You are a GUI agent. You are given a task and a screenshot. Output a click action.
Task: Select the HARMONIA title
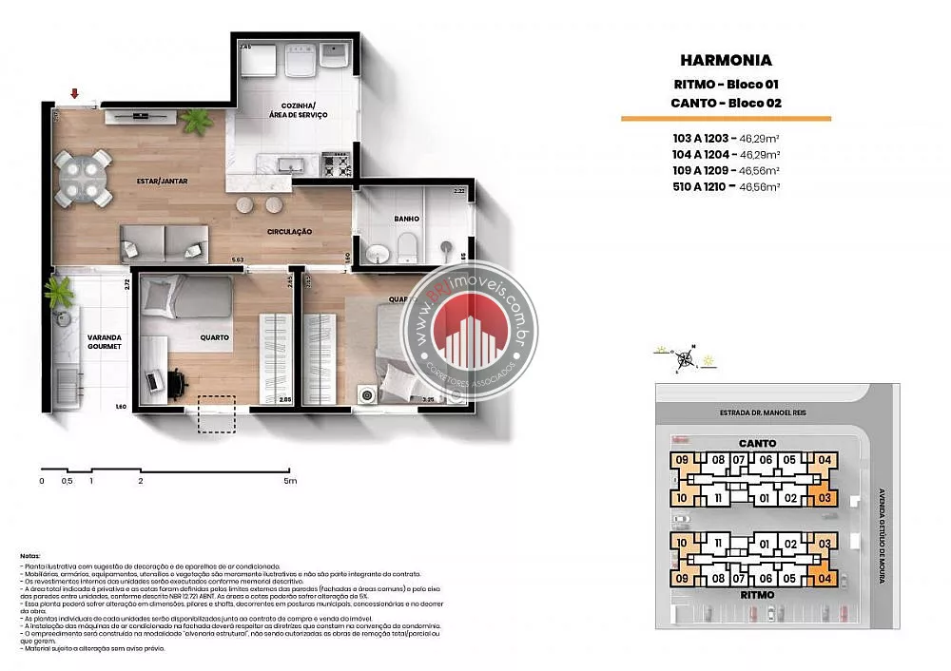coord(726,62)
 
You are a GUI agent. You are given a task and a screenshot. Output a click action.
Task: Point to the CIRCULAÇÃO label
coord(289,231)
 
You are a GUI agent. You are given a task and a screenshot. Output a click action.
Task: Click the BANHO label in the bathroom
coord(407,219)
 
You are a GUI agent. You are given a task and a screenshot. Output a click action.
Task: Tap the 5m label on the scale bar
coord(289,481)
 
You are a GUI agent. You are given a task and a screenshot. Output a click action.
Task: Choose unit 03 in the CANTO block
coord(824,497)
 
